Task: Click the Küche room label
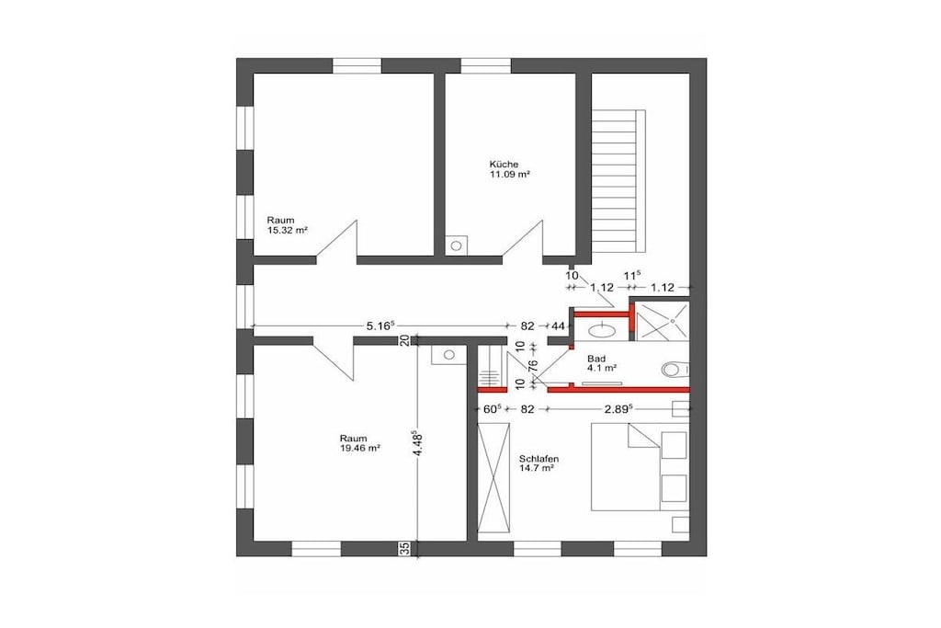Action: click(x=504, y=164)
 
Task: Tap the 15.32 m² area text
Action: click(x=288, y=230)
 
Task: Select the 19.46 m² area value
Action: click(x=360, y=448)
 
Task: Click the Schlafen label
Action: click(x=539, y=459)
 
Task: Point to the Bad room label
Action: click(x=596, y=359)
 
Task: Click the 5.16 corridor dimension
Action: click(x=380, y=325)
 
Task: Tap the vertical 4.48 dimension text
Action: click(x=414, y=444)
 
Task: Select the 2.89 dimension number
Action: click(x=618, y=409)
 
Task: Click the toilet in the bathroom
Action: click(x=675, y=369)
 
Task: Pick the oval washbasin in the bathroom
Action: click(x=601, y=329)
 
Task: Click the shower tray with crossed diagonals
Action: click(x=663, y=321)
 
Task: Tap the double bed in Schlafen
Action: click(x=640, y=466)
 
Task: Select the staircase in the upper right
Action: click(x=618, y=181)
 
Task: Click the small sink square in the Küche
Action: click(x=456, y=245)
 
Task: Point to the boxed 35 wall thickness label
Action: click(x=404, y=548)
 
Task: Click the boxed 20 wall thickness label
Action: click(x=404, y=340)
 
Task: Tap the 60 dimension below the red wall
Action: click(x=493, y=409)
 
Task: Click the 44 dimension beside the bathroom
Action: click(x=558, y=326)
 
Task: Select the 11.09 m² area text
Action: click(x=510, y=174)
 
